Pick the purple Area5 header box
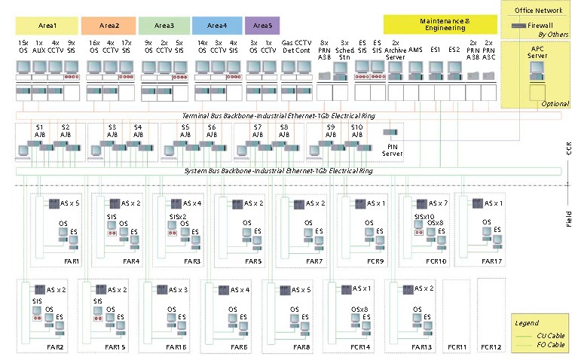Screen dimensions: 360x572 pyautogui.click(x=262, y=26)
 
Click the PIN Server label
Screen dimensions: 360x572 pyautogui.click(x=392, y=151)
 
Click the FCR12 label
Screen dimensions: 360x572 pyautogui.click(x=491, y=346)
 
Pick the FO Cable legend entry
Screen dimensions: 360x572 pyautogui.click(x=553, y=344)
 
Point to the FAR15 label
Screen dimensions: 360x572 pyautogui.click(x=115, y=346)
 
